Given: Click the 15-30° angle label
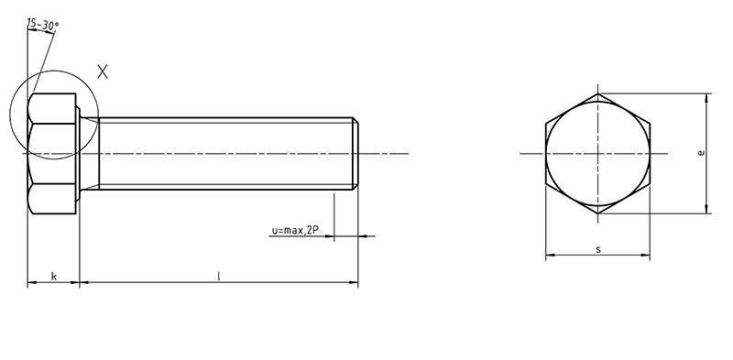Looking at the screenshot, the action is (x=43, y=25).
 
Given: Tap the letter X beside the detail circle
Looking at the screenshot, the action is (x=103, y=71).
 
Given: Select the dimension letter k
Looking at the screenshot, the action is (x=54, y=277).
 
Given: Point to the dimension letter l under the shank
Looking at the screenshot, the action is (x=218, y=276).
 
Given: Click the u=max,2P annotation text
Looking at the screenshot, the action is (x=295, y=230).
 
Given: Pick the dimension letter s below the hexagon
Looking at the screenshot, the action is (x=598, y=250).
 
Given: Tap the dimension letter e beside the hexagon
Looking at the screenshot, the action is (x=700, y=153).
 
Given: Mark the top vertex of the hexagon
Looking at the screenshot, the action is (x=598, y=93).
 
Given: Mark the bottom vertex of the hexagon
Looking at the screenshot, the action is (x=598, y=213).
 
